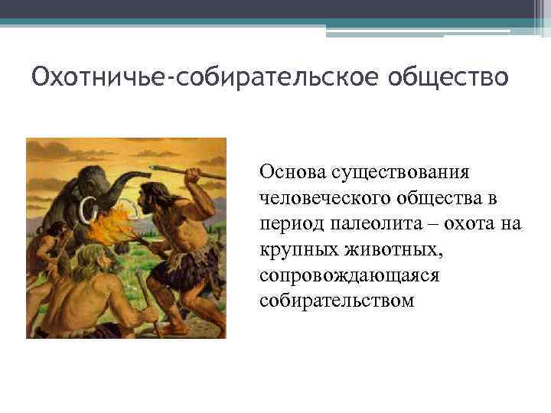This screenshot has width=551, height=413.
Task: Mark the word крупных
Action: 293,249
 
